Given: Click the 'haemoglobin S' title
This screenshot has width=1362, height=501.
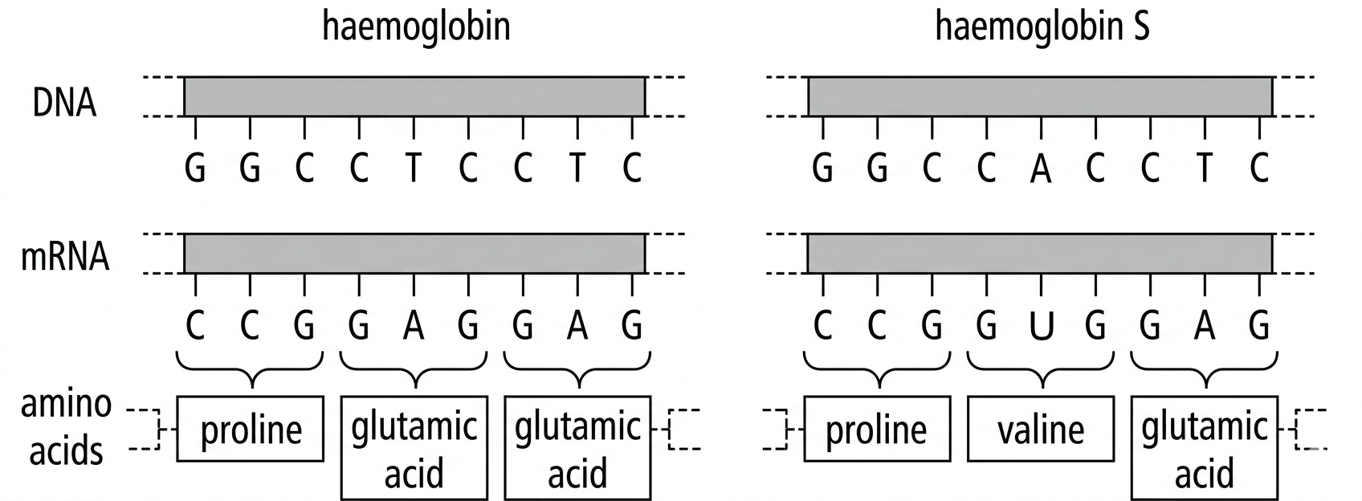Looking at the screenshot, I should click(x=1042, y=26).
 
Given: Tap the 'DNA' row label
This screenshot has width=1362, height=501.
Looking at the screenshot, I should click(x=64, y=104).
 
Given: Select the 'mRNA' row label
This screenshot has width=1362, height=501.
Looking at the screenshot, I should click(x=64, y=258).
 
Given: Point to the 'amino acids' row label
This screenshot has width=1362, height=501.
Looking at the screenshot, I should click(x=66, y=426).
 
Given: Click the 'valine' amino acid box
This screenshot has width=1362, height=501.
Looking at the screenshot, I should click(x=1040, y=430).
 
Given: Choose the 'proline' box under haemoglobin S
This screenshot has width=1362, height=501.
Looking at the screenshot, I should click(x=876, y=430).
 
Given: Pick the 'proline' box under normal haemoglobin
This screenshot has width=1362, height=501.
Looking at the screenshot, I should click(x=251, y=430).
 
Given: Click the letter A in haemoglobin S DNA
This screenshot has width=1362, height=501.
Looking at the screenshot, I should click(x=1041, y=169).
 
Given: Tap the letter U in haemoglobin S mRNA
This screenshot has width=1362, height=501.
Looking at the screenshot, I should click(x=1041, y=325).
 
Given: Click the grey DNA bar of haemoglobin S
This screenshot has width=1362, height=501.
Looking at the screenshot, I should click(x=1040, y=96).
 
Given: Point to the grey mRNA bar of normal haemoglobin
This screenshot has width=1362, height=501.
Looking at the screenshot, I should click(x=414, y=253).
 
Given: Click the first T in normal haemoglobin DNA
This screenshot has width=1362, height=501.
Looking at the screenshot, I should click(x=414, y=169).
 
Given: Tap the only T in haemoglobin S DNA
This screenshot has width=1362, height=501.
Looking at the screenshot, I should click(x=1204, y=169).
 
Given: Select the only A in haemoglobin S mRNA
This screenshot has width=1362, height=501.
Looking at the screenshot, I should click(x=1204, y=325).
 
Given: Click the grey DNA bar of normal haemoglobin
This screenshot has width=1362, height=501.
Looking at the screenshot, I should click(x=414, y=96).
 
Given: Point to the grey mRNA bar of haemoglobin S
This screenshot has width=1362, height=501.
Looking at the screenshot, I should click(x=1040, y=253).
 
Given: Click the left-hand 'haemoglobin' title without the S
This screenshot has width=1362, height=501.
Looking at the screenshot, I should click(x=416, y=26).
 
